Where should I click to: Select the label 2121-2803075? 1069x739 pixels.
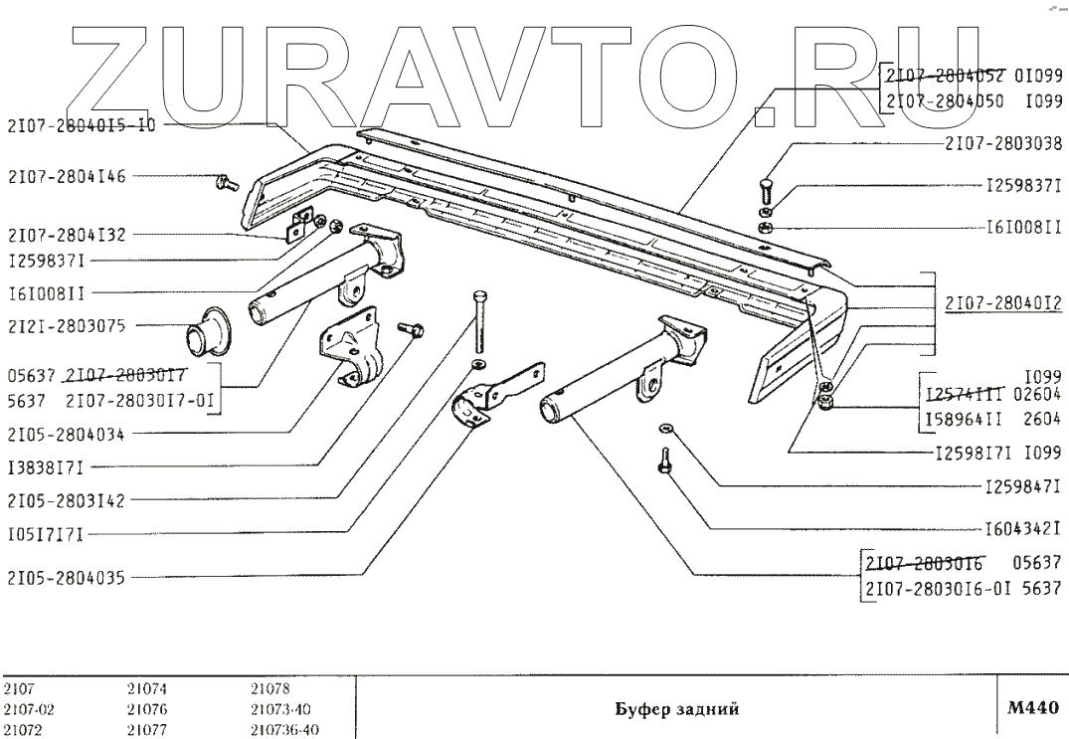tap(67, 325)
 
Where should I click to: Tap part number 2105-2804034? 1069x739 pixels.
tap(67, 435)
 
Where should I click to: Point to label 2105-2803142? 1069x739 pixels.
tap(67, 499)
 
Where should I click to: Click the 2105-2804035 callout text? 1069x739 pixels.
tap(67, 576)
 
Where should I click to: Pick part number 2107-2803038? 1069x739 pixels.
tap(1003, 142)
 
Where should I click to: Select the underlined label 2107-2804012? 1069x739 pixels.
tap(1003, 305)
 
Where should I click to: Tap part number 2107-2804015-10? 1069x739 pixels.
tap(81, 125)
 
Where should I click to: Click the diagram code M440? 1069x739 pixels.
tap(1031, 708)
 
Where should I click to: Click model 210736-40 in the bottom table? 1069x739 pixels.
tap(284, 728)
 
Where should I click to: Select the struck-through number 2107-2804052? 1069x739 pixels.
tap(944, 74)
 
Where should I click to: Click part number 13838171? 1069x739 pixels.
tap(46, 465)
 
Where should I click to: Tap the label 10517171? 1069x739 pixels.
tap(46, 535)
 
